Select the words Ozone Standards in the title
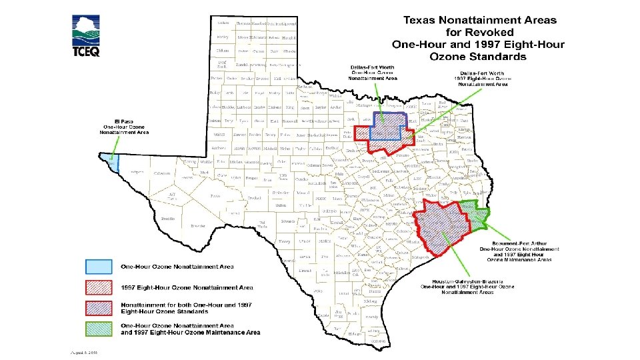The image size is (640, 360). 478,57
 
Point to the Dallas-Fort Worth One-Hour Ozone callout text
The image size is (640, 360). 373,73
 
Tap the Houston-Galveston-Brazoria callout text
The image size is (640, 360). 467,287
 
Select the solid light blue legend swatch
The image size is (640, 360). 99,267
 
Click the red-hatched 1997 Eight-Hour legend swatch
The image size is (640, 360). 99,287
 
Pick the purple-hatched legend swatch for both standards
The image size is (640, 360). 99,308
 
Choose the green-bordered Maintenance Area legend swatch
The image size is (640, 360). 99,328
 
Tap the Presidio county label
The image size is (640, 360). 168,218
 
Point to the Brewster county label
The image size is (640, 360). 197,226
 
